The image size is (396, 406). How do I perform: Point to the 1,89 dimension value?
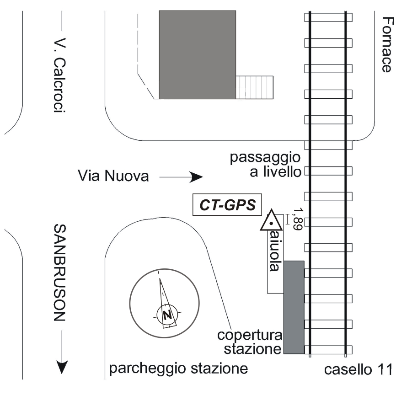tap(298, 220)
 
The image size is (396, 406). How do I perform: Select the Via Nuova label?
tap(113, 176)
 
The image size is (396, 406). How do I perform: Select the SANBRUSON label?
tap(60, 272)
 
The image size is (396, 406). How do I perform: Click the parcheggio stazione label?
tap(179, 368)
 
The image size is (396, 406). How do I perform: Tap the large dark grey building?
tap(197, 54)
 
